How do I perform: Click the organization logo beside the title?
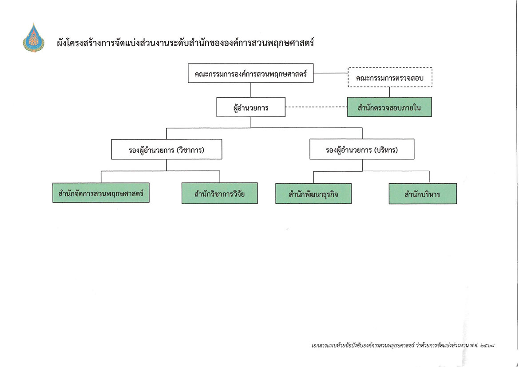(33, 38)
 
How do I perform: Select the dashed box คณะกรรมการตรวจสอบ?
(390, 77)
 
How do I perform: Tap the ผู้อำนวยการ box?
(251, 107)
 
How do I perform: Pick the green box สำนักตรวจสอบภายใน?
(389, 107)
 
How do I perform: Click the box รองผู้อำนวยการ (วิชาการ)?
(166, 150)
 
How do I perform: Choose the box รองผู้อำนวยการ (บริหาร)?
(362, 150)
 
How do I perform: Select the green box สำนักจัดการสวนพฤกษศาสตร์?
(101, 193)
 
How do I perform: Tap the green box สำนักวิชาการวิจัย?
(219, 193)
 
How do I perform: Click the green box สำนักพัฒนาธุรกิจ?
(313, 193)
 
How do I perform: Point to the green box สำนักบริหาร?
(422, 194)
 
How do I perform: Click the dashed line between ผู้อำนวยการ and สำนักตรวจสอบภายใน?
(316, 107)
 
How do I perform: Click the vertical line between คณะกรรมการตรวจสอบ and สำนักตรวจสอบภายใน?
(390, 92)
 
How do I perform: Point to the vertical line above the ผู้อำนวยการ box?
(251, 90)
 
